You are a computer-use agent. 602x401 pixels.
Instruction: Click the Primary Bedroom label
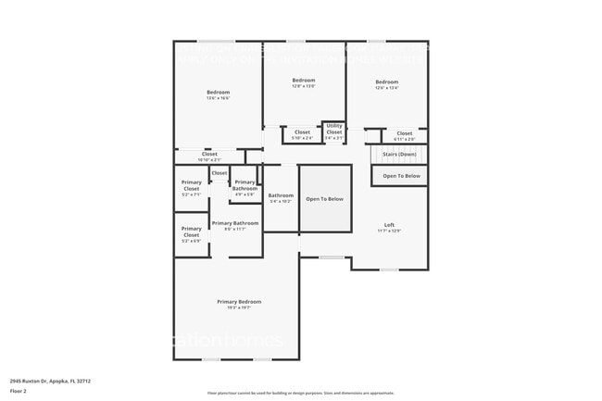pyautogui.click(x=239, y=302)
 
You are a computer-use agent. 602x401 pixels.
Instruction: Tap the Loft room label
pyautogui.click(x=389, y=225)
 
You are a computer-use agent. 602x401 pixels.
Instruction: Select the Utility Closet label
pyautogui.click(x=334, y=130)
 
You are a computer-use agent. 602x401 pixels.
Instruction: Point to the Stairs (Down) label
pyautogui.click(x=399, y=154)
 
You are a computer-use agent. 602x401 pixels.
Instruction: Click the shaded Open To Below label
pyautogui.click(x=325, y=199)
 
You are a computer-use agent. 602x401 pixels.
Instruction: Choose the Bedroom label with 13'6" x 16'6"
pyautogui.click(x=218, y=92)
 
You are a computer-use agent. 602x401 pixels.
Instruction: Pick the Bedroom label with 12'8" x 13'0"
pyautogui.click(x=304, y=81)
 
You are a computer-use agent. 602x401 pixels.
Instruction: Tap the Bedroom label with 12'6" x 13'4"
pyautogui.click(x=386, y=83)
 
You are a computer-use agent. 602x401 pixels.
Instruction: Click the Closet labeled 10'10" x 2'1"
pyautogui.click(x=209, y=154)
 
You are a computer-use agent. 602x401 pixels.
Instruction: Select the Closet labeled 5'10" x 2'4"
pyautogui.click(x=302, y=132)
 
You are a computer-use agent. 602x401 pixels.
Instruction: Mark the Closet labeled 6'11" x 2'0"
pyautogui.click(x=405, y=133)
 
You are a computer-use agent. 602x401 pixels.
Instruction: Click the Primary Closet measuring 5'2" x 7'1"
pyautogui.click(x=191, y=186)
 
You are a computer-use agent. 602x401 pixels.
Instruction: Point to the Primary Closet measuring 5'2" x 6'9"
pyautogui.click(x=191, y=232)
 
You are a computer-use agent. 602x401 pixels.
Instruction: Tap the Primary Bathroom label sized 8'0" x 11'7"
pyautogui.click(x=235, y=223)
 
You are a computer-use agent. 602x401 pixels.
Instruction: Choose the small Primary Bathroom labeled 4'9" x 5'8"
pyautogui.click(x=245, y=185)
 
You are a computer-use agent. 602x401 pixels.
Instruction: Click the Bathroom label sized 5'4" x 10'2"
pyautogui.click(x=281, y=195)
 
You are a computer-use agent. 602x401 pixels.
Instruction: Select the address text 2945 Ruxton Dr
pyautogui.click(x=50, y=381)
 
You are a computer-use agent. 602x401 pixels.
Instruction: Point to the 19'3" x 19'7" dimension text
pyautogui.click(x=239, y=308)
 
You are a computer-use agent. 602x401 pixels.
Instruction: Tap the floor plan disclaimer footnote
pyautogui.click(x=300, y=393)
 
